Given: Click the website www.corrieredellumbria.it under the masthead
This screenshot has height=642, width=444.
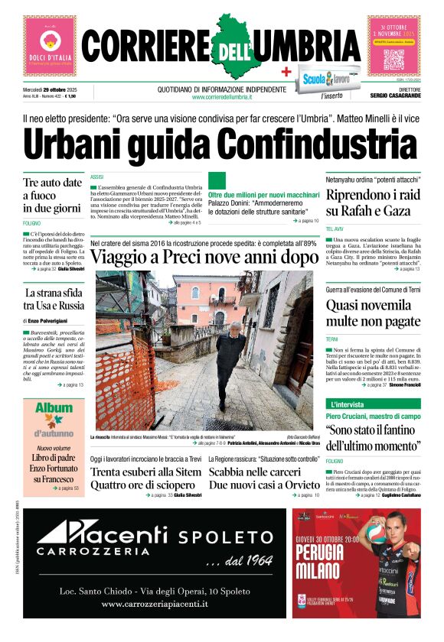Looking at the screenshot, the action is point(222,97).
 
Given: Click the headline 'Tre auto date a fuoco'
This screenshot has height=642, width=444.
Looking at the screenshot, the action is point(52,195).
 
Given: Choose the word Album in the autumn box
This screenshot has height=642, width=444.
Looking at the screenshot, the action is point(54,408).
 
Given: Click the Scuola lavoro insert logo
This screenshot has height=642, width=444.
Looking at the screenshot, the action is point(326,79).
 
